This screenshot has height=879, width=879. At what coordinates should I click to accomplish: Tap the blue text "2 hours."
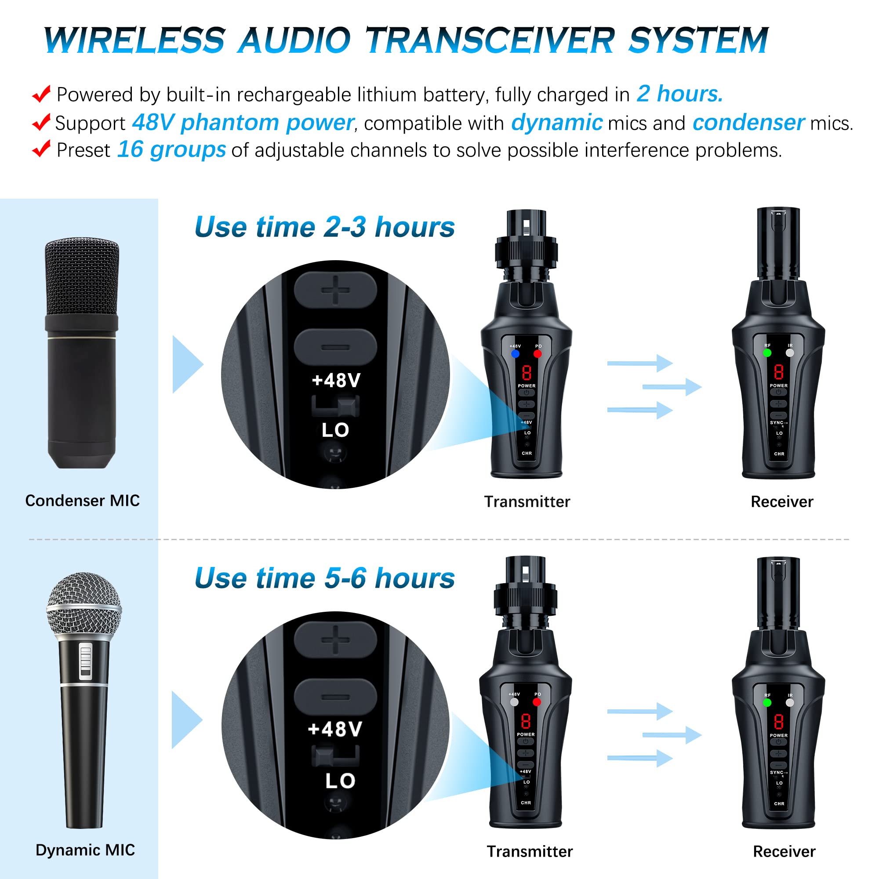(679, 94)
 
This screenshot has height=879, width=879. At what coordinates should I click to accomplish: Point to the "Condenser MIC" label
(82, 501)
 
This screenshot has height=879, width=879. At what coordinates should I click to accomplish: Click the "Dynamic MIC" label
(85, 850)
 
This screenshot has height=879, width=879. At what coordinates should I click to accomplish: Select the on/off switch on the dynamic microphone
(86, 661)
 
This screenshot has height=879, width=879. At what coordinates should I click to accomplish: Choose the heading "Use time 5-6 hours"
(324, 578)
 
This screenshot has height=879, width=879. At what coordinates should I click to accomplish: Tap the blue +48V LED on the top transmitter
(516, 353)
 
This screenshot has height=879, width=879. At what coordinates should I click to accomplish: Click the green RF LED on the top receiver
(767, 353)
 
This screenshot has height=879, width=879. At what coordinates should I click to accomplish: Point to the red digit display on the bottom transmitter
(526, 721)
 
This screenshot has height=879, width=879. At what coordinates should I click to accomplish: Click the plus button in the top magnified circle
(335, 290)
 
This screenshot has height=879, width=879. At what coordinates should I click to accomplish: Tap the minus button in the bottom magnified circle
(335, 697)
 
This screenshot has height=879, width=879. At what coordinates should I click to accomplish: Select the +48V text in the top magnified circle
(336, 380)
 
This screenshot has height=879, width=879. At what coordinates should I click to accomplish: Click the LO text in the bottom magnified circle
(340, 781)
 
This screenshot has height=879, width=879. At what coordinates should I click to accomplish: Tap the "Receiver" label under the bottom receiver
(784, 851)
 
